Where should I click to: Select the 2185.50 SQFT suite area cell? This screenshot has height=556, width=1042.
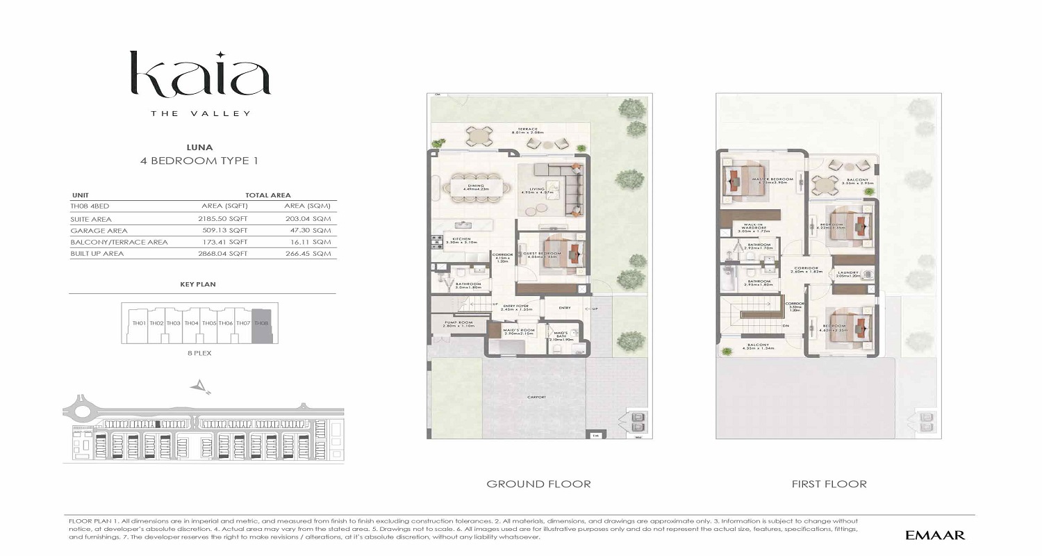224,218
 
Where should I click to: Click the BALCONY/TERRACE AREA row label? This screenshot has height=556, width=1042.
119,242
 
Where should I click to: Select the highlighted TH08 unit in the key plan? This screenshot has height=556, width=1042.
261,324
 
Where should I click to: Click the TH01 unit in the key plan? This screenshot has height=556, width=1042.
139,324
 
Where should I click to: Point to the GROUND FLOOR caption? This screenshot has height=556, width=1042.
538,484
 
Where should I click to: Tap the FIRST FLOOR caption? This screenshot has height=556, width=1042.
829,484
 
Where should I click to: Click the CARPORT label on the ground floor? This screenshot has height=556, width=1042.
536,397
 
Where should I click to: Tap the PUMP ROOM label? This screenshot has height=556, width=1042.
459,324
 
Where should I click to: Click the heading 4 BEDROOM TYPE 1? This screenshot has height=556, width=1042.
199,161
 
